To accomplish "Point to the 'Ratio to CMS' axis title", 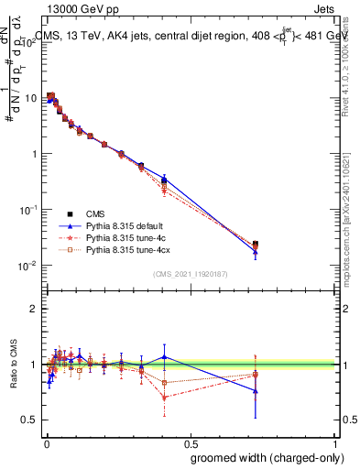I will click(15, 365).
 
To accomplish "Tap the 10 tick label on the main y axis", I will click(31, 96).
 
